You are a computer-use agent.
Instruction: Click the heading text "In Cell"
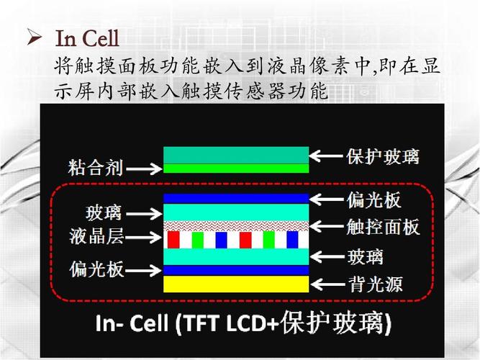(87, 36)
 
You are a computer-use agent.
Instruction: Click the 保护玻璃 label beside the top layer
(382, 156)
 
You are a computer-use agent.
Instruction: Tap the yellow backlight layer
(236, 284)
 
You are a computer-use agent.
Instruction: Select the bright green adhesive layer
(236, 168)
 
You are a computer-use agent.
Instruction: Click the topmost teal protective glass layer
(236, 155)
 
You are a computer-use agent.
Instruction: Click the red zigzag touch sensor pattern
(236, 225)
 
